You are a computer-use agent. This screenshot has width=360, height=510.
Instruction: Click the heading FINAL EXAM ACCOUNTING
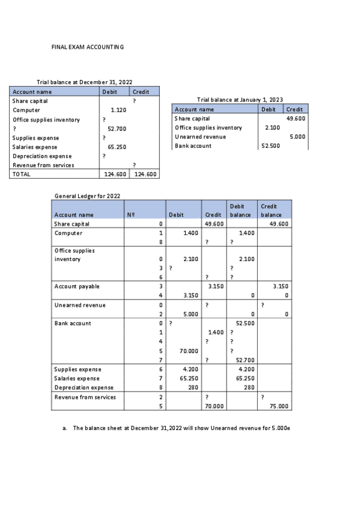click(x=88, y=47)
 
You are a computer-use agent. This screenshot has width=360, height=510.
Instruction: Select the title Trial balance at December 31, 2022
click(x=85, y=82)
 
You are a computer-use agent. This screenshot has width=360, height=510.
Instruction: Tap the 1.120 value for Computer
click(x=118, y=110)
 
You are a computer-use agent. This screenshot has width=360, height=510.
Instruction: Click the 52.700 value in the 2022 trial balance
click(x=116, y=129)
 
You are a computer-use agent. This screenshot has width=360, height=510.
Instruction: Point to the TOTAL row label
click(x=22, y=174)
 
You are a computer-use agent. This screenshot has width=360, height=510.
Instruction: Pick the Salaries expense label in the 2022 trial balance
click(x=35, y=147)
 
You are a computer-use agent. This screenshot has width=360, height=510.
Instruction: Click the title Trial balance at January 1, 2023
click(x=240, y=100)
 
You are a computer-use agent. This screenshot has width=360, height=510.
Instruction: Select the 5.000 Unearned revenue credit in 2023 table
click(x=297, y=137)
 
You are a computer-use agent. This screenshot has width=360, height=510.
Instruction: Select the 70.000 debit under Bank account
click(x=184, y=350)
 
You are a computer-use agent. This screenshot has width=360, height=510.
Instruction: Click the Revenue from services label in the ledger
click(x=85, y=397)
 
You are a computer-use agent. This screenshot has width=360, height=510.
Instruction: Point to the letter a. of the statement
click(x=65, y=428)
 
